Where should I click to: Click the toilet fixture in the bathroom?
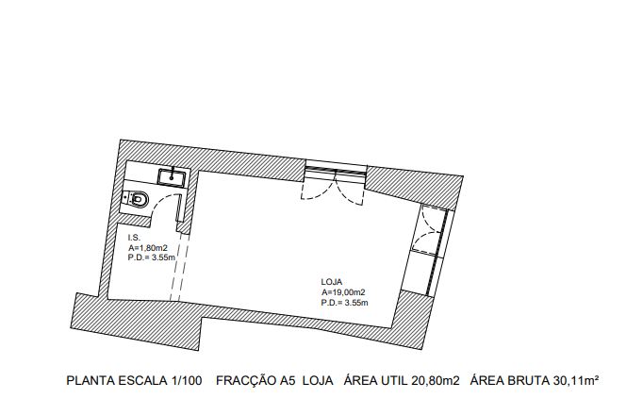(136, 199)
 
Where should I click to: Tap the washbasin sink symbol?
(172, 177)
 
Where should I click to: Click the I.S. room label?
(134, 238)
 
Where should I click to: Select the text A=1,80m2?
(148, 248)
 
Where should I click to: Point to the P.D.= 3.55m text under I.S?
(151, 257)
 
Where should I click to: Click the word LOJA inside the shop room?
(331, 282)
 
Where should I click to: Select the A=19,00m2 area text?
(343, 292)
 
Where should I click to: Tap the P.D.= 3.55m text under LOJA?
(344, 303)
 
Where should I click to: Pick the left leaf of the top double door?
(319, 188)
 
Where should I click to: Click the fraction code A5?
(288, 381)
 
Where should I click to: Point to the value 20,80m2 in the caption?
(436, 381)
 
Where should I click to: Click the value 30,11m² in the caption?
(576, 381)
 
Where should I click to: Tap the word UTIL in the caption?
(395, 381)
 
